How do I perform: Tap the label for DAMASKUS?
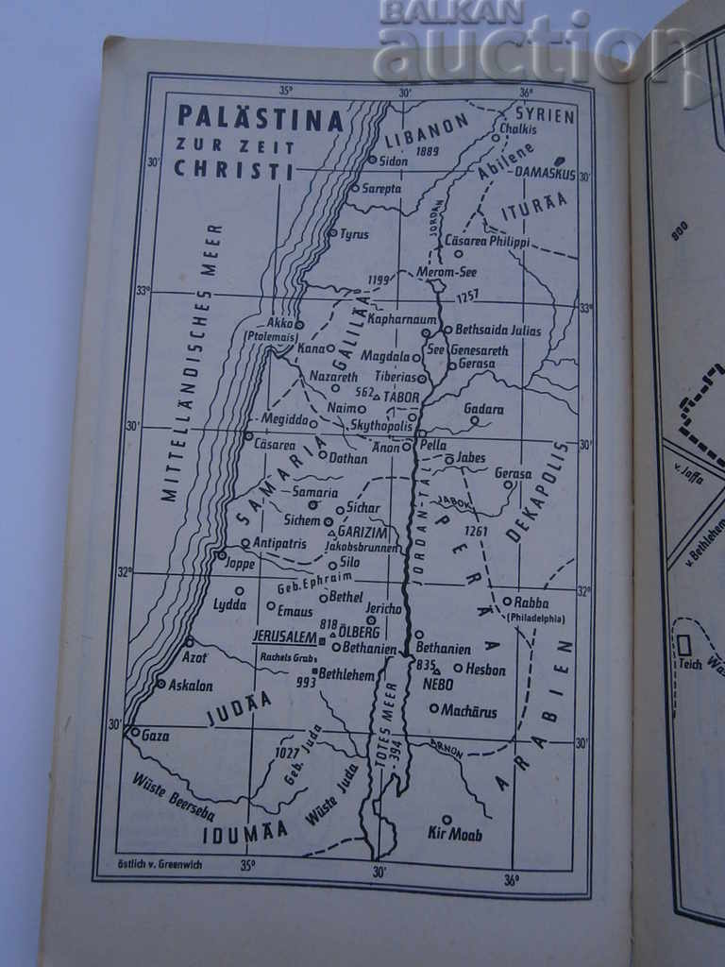coord(545,174)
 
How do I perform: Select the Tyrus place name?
coord(354,234)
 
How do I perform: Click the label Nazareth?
coord(333,376)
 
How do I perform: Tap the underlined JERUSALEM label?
coord(284,636)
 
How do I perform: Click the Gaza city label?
coord(155,736)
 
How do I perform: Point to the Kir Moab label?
coord(454,835)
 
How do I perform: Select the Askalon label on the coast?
coord(190,686)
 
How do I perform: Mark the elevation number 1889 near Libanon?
coord(427,151)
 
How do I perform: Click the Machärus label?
coord(469,710)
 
